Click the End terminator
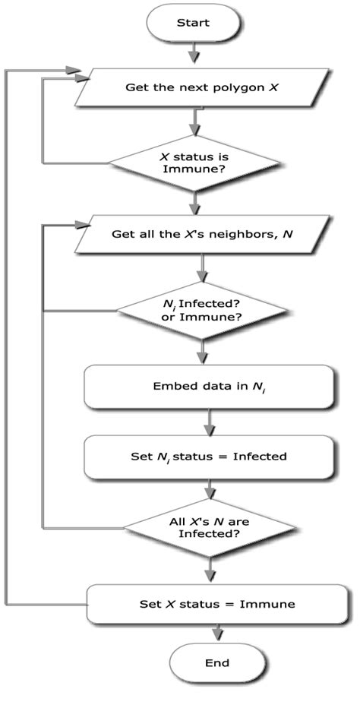[217, 662]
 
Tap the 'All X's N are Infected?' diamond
[206, 528]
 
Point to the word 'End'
[217, 662]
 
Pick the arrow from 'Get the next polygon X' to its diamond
[197, 121]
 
